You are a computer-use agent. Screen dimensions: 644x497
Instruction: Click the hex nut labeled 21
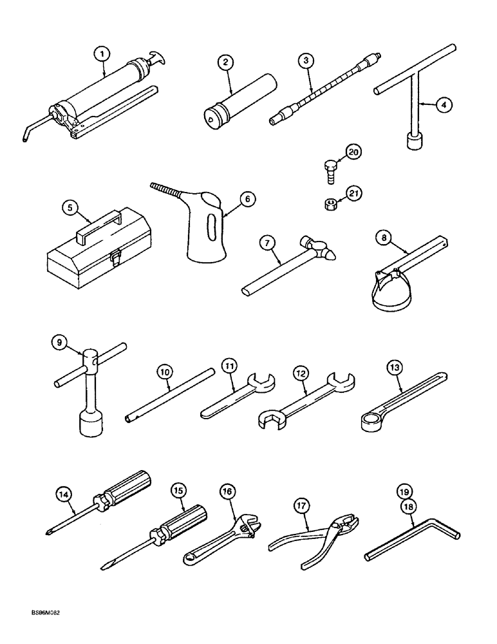328,205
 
